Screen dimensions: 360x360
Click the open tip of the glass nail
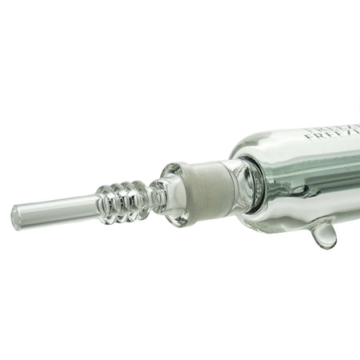[x=17, y=216]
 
